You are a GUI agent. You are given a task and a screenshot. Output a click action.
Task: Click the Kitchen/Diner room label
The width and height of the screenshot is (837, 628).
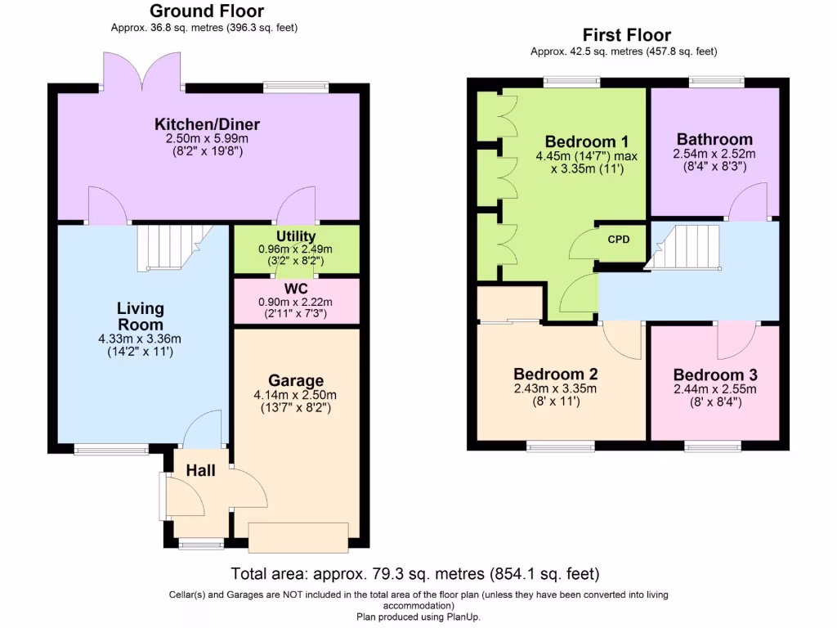click(208, 124)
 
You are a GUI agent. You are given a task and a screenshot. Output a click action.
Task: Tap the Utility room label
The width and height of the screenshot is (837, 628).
click(296, 236)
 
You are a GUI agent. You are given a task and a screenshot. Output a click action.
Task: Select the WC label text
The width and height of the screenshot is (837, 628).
click(296, 289)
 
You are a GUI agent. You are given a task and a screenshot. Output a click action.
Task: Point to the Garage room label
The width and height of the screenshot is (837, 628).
click(296, 380)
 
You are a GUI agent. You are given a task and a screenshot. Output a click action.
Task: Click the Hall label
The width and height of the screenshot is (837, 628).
click(200, 470)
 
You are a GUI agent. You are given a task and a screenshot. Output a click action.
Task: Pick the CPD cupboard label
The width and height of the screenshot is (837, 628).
click(620, 240)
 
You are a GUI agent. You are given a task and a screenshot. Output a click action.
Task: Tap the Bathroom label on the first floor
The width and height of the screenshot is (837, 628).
click(714, 139)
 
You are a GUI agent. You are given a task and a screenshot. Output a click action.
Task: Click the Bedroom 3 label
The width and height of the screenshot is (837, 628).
click(714, 375)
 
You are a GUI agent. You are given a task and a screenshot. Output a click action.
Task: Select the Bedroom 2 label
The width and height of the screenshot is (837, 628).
click(555, 374)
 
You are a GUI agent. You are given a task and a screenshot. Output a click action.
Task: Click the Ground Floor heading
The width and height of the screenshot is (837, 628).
click(207, 11)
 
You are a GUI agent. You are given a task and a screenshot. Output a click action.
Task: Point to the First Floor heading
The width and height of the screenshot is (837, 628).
click(626, 35)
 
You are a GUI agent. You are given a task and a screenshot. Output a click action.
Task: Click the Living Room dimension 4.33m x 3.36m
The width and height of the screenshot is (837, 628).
click(139, 339)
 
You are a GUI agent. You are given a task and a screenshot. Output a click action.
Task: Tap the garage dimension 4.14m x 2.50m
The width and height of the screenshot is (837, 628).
click(295, 395)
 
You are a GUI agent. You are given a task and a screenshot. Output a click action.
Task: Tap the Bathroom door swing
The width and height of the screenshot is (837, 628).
click(747, 202)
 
